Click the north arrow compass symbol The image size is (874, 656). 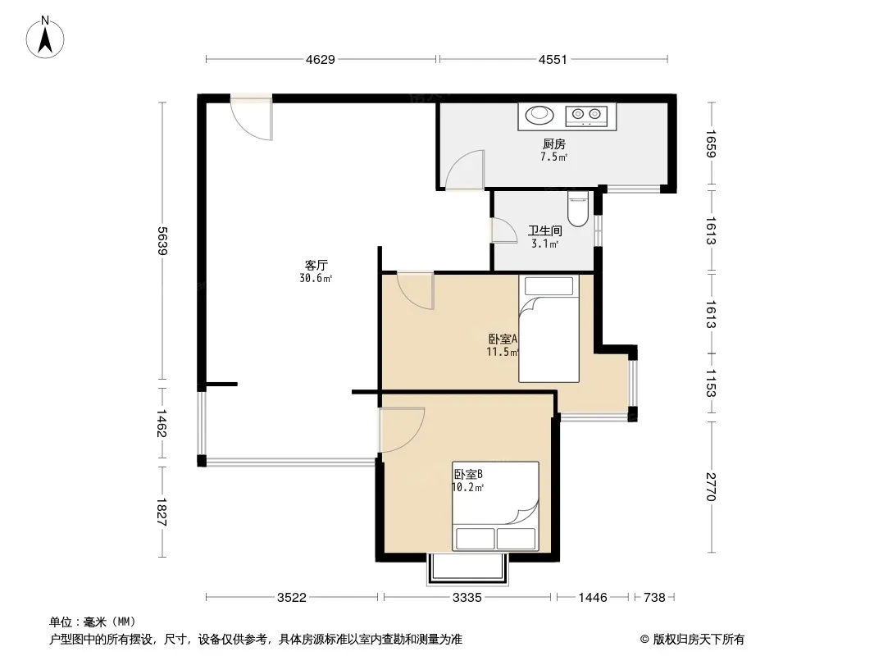[44, 38]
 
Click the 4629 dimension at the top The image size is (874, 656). [321, 59]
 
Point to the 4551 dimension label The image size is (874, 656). [553, 59]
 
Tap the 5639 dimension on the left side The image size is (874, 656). [162, 241]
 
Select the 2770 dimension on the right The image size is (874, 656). [711, 486]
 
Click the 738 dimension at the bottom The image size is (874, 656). [654, 598]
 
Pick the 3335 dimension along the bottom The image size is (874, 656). [467, 598]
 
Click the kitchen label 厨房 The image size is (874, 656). [554, 144]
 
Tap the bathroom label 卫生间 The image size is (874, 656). [544, 230]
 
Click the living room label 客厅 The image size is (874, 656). [316, 266]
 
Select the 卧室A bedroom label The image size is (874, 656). [503, 339]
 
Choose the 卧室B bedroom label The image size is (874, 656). [468, 474]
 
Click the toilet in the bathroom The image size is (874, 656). [577, 209]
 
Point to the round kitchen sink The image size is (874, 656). [539, 115]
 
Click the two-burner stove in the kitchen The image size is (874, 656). [586, 115]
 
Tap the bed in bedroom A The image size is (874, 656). [549, 329]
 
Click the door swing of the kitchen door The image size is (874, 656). [464, 170]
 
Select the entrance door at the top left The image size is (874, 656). [252, 117]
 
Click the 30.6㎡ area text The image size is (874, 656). [316, 278]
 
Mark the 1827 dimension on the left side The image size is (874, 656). [162, 512]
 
